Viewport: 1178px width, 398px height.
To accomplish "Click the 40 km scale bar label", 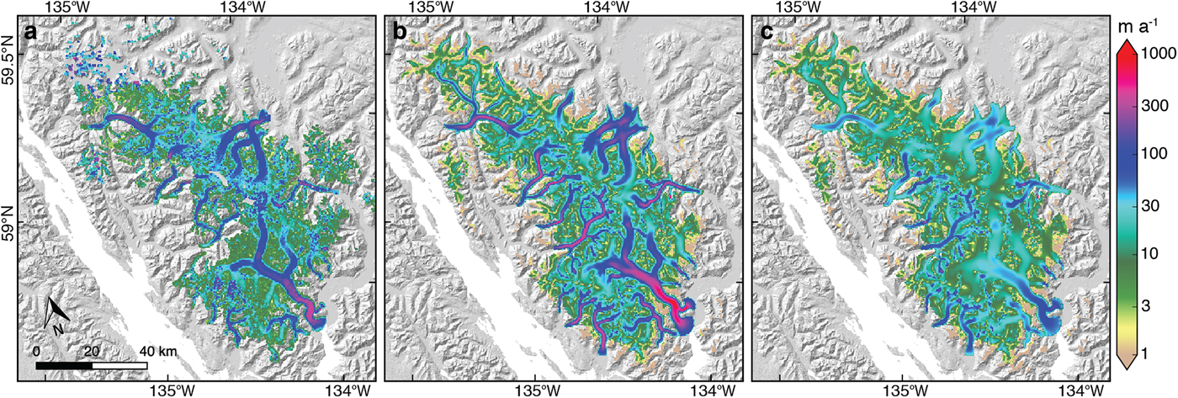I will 157,350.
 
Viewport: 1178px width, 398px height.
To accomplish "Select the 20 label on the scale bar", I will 91,350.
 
